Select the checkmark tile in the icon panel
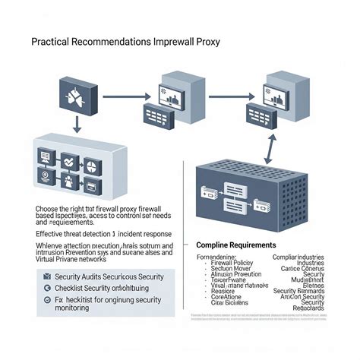[69, 161]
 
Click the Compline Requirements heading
[235, 245]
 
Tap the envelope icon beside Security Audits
[47, 276]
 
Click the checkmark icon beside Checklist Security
[47, 289]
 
